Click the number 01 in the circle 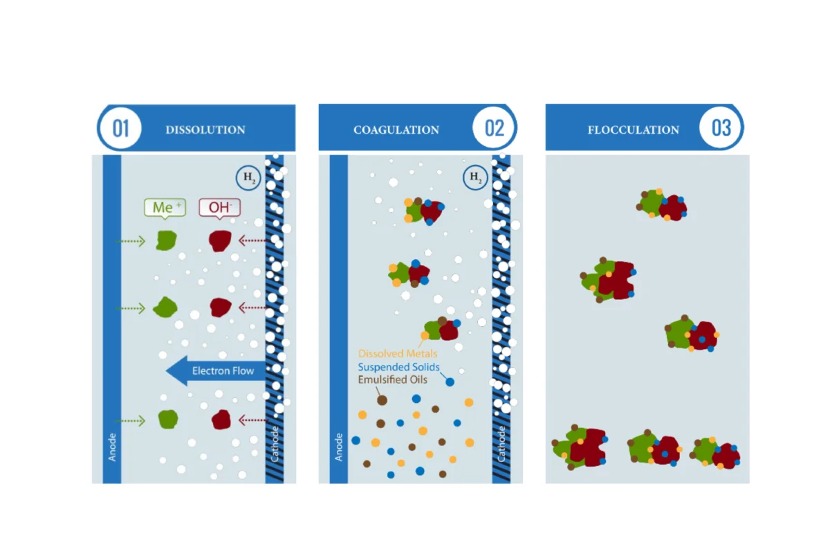click(x=121, y=128)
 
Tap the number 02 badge click(x=495, y=128)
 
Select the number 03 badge click(x=721, y=128)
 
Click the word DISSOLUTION click(x=205, y=130)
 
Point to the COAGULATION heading click(x=396, y=130)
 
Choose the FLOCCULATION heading click(x=634, y=130)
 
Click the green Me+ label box click(x=165, y=208)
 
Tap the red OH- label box click(x=220, y=208)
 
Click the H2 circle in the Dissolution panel click(x=248, y=178)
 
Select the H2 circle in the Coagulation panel click(x=475, y=177)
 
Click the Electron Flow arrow click(x=216, y=370)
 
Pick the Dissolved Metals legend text click(x=398, y=353)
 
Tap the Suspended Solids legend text click(x=398, y=367)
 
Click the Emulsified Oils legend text click(x=392, y=379)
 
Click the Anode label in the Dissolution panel click(x=112, y=447)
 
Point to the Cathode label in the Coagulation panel click(x=501, y=444)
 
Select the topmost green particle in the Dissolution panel click(x=166, y=240)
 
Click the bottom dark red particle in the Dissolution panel click(x=221, y=420)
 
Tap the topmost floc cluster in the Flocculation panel click(x=662, y=205)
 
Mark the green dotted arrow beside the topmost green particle click(x=130, y=241)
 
